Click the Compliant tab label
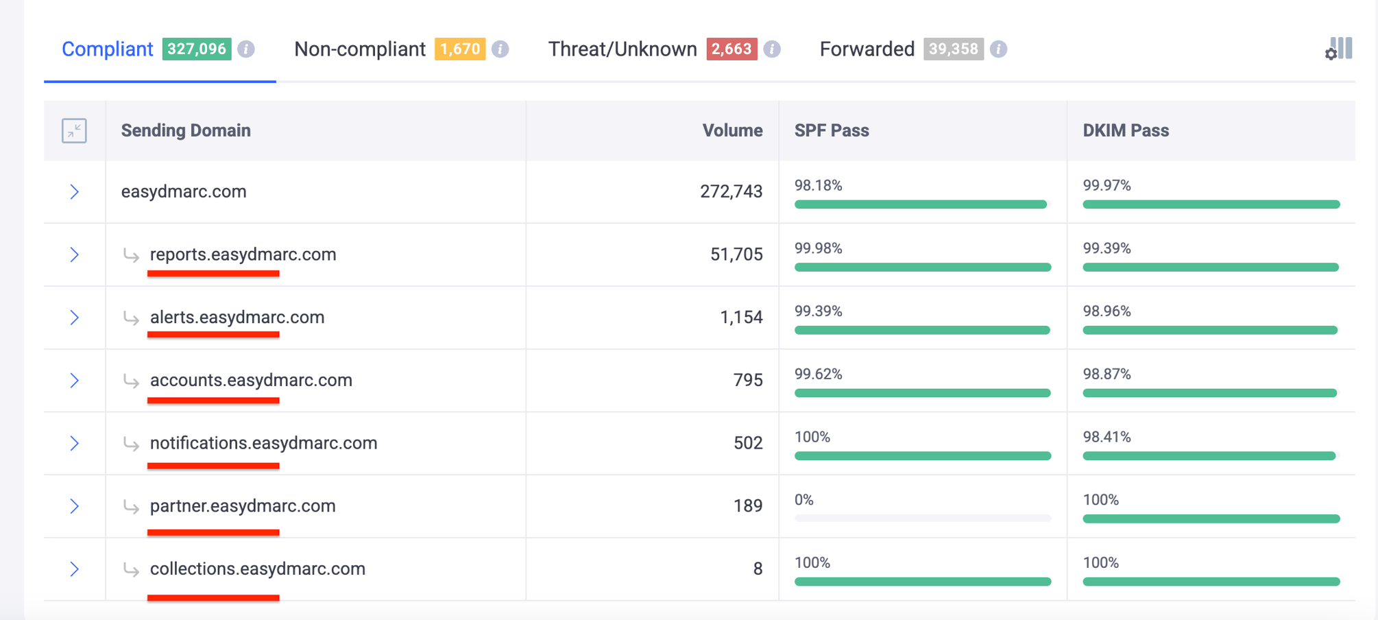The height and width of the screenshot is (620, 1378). [108, 49]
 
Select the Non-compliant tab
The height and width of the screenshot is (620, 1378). [360, 49]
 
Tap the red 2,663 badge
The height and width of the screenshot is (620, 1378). [732, 49]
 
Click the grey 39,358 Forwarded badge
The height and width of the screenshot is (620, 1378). [953, 49]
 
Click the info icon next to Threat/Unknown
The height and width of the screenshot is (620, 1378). [772, 49]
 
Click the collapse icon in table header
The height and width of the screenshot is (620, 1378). [74, 130]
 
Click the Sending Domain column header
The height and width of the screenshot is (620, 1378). [186, 130]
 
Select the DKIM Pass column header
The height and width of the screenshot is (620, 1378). [1126, 130]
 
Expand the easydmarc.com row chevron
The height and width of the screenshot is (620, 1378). [74, 192]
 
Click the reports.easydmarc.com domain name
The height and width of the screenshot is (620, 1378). [243, 254]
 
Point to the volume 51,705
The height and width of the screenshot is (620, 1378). [736, 254]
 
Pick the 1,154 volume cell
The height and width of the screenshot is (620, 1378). [741, 318]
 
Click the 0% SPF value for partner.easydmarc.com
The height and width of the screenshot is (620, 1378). [804, 500]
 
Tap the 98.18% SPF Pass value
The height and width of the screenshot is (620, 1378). [818, 185]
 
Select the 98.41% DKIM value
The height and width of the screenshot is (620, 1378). [1107, 437]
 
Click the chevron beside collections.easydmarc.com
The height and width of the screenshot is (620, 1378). [74, 569]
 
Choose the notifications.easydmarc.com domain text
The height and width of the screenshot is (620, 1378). [263, 443]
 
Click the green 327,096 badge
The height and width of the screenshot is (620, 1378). [197, 49]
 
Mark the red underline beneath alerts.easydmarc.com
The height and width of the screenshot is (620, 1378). [213, 335]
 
